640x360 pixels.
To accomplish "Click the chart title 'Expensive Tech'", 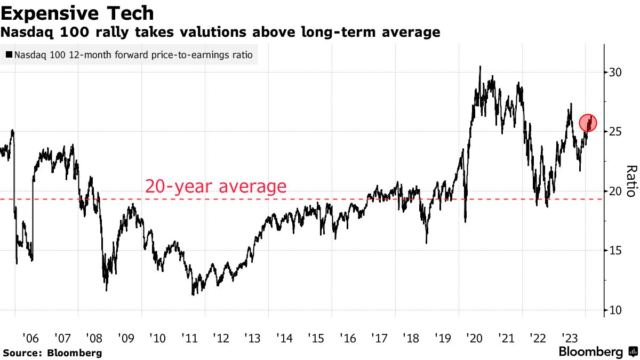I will tap(78, 13).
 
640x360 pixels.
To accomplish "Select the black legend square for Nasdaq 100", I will tap(9, 54).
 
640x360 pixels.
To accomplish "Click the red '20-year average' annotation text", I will tap(216, 187).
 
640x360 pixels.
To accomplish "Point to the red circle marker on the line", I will tap(588, 123).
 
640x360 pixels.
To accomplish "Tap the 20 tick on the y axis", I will tap(615, 191).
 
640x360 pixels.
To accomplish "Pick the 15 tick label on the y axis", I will tap(615, 251).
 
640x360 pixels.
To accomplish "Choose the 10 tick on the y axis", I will tap(615, 310).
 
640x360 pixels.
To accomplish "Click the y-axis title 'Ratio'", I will tap(630, 181).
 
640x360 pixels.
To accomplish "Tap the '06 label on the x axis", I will tap(31, 338).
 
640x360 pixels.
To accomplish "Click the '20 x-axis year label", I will tap(474, 338).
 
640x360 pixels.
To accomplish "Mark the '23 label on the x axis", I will tap(569, 338).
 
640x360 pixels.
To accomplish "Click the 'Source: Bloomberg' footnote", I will tap(52, 353).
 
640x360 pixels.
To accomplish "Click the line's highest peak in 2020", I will tap(480, 67).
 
